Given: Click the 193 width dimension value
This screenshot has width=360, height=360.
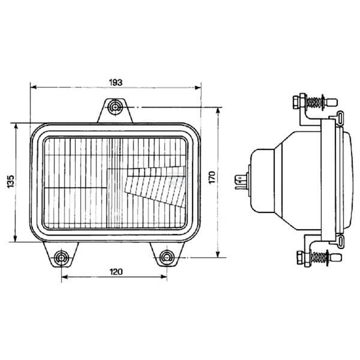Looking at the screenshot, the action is pos(116,82).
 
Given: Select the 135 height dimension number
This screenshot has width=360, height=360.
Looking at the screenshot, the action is pos(11,182).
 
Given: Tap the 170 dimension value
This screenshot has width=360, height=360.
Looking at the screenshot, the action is pos(212,177).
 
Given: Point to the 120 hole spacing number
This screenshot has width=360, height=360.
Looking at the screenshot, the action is pos(116,272).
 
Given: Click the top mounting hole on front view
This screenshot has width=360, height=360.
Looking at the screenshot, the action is pos(115,107).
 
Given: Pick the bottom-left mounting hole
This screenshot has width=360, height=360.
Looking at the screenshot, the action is pos(61,257).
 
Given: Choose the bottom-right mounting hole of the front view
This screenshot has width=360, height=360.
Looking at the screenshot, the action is pos(167,257).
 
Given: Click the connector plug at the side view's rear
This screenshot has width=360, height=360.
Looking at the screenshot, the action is pos(241,182).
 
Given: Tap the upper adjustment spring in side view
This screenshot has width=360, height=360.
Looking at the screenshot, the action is pos(314,102).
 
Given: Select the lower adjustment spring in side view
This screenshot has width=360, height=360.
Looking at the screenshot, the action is pos(318,257).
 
